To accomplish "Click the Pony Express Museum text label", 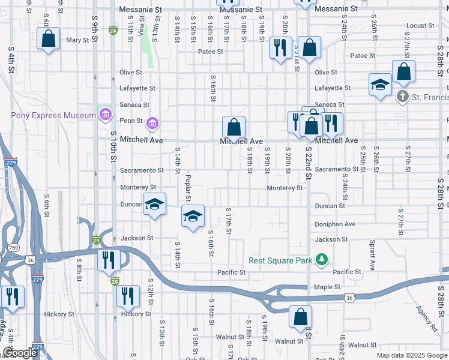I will point(53,115).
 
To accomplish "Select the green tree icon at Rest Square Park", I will point(323,260).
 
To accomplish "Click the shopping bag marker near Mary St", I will point(48,39).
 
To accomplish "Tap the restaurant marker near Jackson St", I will point(109,260).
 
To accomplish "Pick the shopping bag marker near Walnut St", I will point(300,317).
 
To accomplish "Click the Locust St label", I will point(420,25).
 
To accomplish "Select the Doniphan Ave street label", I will point(335,224).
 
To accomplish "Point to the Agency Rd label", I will point(426,319).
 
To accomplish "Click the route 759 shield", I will point(13,247).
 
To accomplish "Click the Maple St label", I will point(327,287).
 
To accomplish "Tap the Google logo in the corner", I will point(20,353).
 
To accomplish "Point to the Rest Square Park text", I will point(281,260).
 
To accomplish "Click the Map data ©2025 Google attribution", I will point(411,355).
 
